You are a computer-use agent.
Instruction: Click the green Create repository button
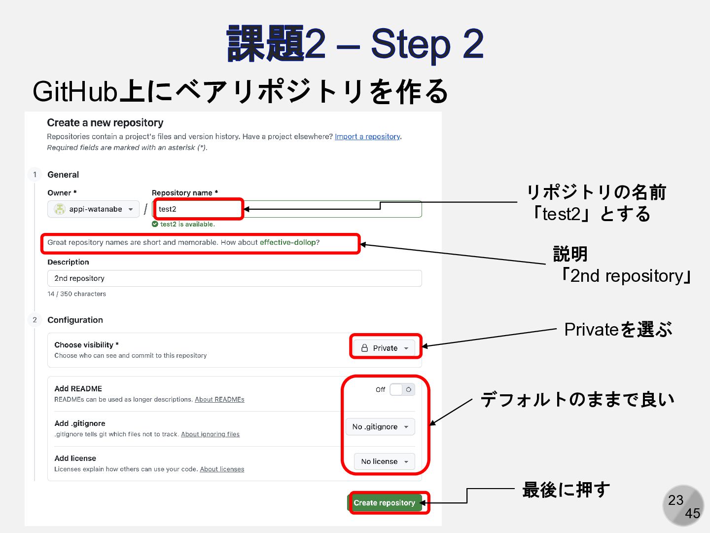pyautogui.click(x=384, y=503)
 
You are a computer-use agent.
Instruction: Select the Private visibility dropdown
pyautogui.click(x=385, y=348)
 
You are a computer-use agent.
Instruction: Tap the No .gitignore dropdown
pyautogui.click(x=380, y=427)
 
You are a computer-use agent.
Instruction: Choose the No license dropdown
pyautogui.click(x=385, y=461)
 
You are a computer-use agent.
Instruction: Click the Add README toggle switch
pyautogui.click(x=402, y=389)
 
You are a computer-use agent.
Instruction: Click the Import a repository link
pyautogui.click(x=367, y=137)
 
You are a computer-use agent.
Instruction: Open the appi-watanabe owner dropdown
pyautogui.click(x=94, y=209)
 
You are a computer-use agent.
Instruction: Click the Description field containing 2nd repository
pyautogui.click(x=234, y=278)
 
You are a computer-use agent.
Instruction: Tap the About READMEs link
pyautogui.click(x=219, y=400)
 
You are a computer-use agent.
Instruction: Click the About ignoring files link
pyautogui.click(x=210, y=434)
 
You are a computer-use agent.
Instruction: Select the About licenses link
pyautogui.click(x=222, y=469)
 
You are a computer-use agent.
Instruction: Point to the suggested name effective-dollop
pyautogui.click(x=288, y=242)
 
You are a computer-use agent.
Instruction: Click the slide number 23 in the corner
pyautogui.click(x=675, y=500)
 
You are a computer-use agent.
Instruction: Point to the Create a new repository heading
pyautogui.click(x=105, y=123)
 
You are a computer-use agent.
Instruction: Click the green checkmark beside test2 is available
pyautogui.click(x=155, y=224)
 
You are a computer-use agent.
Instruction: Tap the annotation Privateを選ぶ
pyautogui.click(x=618, y=330)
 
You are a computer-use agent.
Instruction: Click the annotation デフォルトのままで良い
pyautogui.click(x=577, y=399)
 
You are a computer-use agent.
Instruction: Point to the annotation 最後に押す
pyautogui.click(x=566, y=490)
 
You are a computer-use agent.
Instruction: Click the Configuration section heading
pyautogui.click(x=75, y=320)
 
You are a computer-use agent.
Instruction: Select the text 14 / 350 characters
pyautogui.click(x=76, y=294)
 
